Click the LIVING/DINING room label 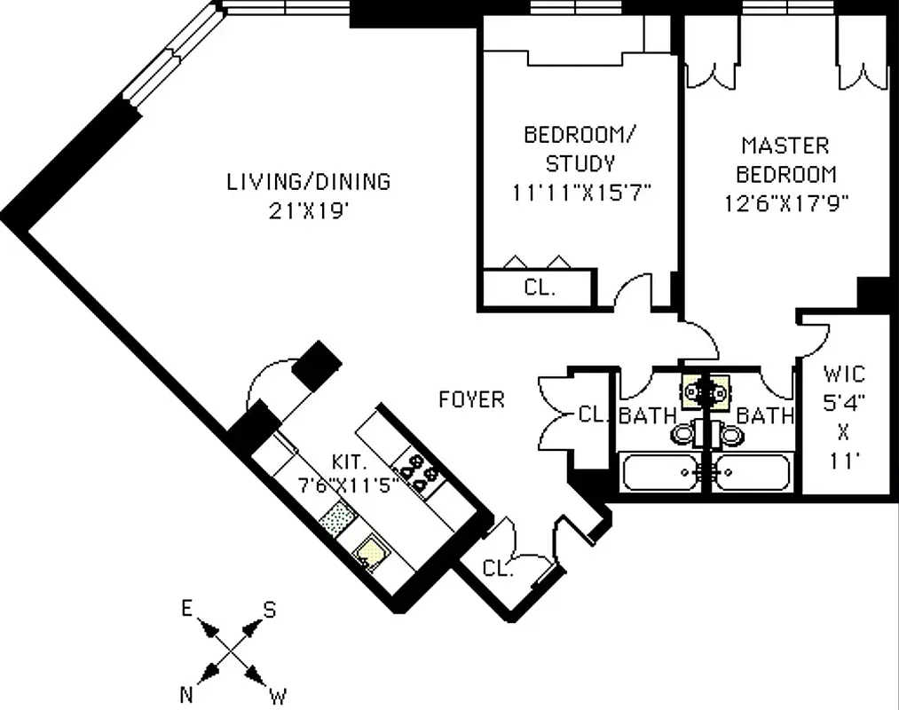[308, 182]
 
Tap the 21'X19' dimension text [308, 211]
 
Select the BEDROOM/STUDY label [580, 149]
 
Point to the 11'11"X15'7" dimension [582, 193]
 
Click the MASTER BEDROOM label [785, 160]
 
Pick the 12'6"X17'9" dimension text [787, 202]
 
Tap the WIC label [843, 374]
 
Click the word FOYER [471, 400]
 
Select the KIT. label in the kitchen [350, 462]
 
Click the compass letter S [269, 610]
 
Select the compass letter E [187, 609]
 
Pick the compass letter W [278, 693]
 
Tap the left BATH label [648, 414]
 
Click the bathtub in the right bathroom [753, 472]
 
